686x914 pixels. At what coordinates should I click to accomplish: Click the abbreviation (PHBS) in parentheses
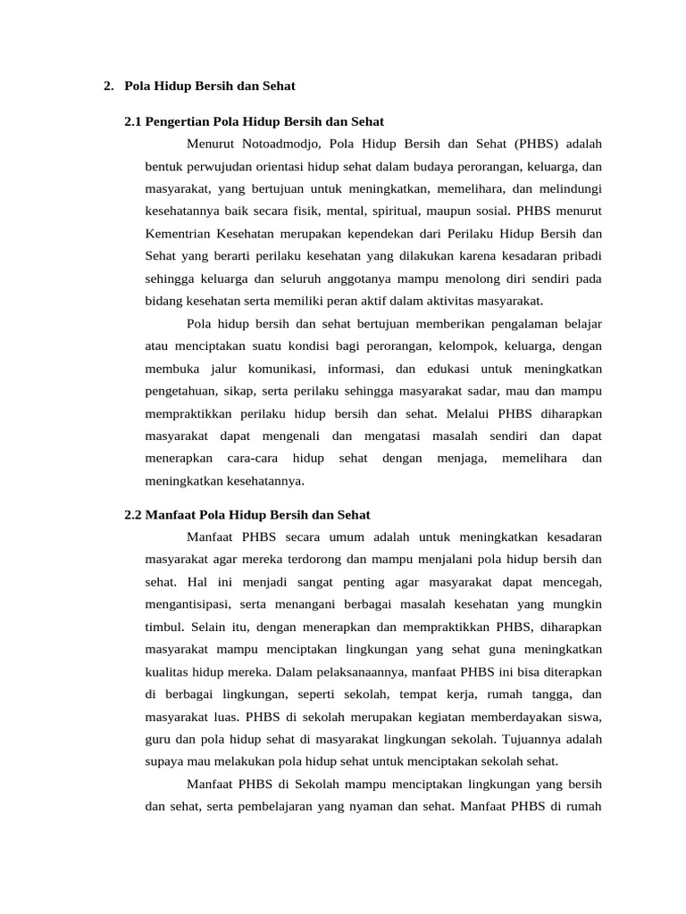click(533, 143)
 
